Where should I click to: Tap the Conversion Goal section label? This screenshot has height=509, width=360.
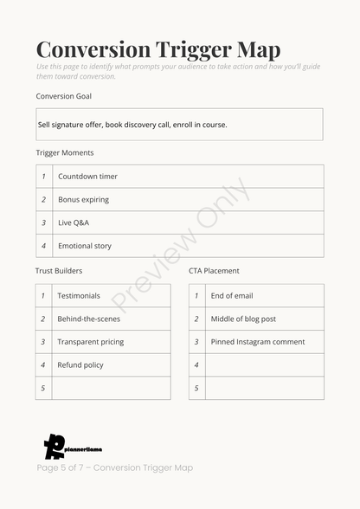[x=63, y=96]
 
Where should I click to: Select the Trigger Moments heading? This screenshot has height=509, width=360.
[x=65, y=152]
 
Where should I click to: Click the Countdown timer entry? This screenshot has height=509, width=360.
[x=87, y=177]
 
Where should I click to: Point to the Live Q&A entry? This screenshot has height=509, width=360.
[x=74, y=222]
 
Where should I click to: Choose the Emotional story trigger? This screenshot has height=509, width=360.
[x=85, y=246]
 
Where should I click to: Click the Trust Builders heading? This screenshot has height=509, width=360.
[x=59, y=271]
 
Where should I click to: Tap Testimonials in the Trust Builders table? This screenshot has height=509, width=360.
[x=79, y=296]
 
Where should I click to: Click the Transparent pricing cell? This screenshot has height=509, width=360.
[x=90, y=342]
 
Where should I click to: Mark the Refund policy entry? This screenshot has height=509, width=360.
[x=80, y=365]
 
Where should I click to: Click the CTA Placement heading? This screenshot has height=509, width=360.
[x=214, y=271]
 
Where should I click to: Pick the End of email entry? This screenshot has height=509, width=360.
[x=232, y=296]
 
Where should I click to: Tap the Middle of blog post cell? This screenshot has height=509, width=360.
[x=243, y=319]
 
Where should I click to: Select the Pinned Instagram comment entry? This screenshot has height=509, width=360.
[x=258, y=342]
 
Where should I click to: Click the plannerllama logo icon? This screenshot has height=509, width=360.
[x=55, y=446]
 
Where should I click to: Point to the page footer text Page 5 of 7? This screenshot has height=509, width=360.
[x=114, y=467]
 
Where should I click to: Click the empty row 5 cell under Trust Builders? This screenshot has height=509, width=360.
[x=111, y=388]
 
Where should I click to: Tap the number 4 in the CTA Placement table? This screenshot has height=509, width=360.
[x=196, y=365]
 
